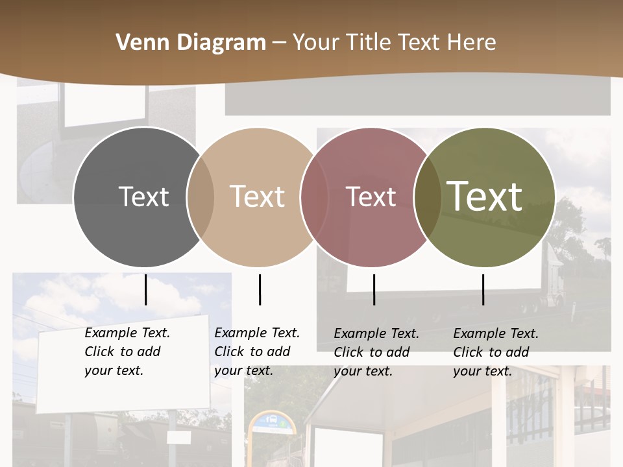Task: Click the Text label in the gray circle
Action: (143, 197)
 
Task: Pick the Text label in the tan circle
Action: (258, 197)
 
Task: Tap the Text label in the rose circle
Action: (371, 197)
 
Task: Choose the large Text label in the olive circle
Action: (485, 197)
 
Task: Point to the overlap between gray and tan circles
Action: (201, 197)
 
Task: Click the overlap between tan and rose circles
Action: (314, 197)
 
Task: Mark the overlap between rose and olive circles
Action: (426, 197)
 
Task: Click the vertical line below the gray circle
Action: (145, 289)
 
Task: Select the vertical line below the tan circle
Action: (260, 289)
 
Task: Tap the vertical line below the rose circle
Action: (374, 289)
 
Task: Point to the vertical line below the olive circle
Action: (483, 289)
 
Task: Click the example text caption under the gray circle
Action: (127, 352)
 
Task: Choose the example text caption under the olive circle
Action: (496, 352)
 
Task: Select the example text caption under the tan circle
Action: (257, 352)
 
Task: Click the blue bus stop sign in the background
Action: (272, 422)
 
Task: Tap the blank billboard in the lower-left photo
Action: (123, 363)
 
